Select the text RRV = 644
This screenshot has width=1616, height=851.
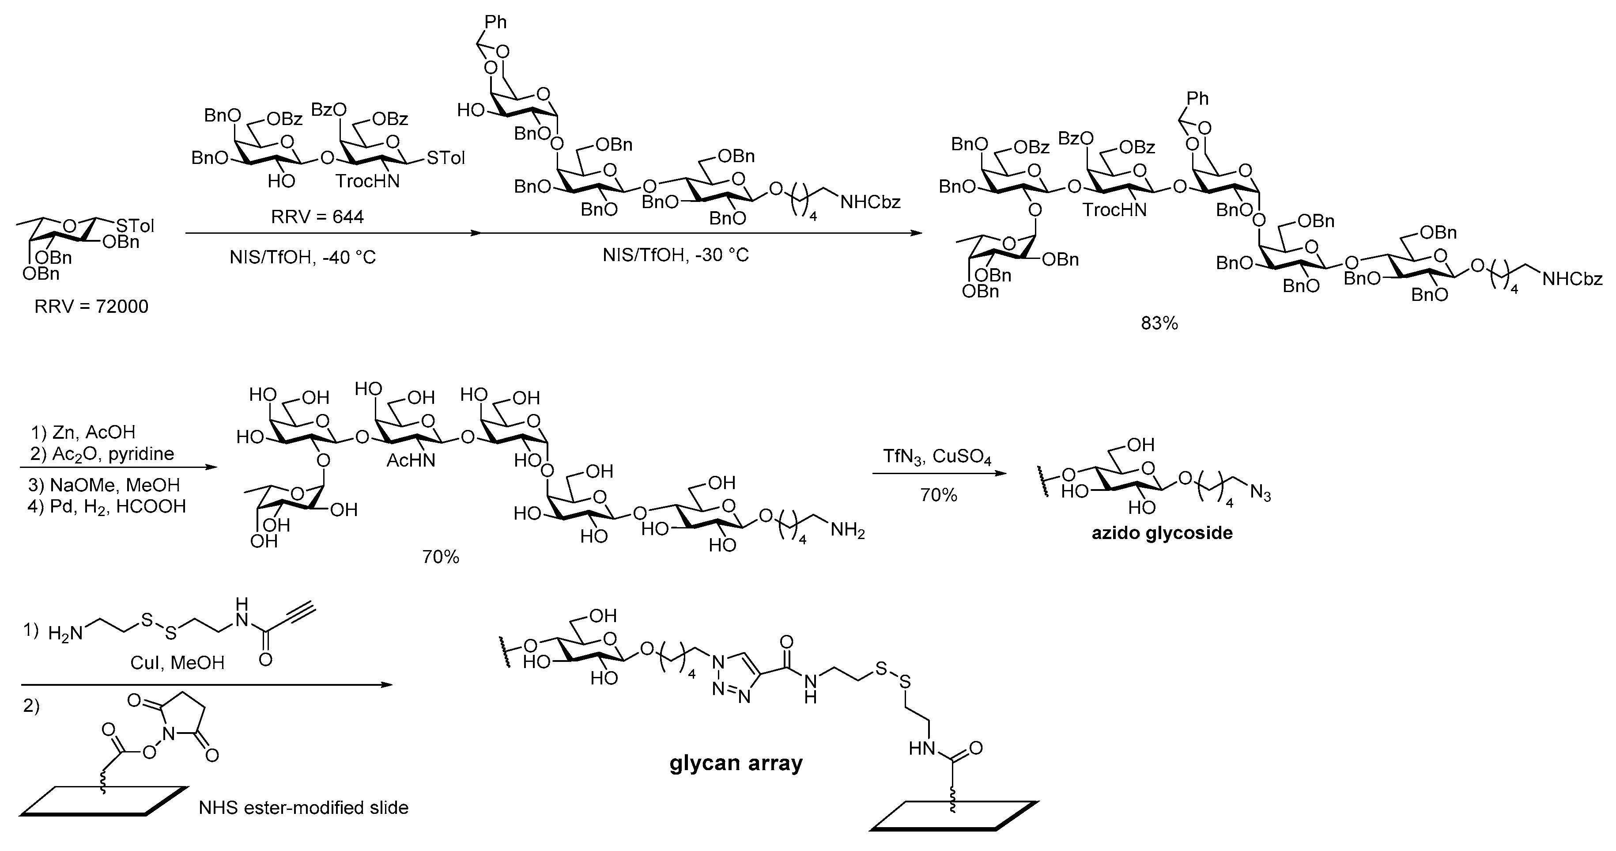pos(317,217)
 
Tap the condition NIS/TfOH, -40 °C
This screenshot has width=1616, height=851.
pos(302,257)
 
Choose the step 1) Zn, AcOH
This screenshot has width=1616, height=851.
pos(83,433)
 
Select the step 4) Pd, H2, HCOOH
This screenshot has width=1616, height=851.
pos(108,506)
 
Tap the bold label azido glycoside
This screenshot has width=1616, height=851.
pos(1162,533)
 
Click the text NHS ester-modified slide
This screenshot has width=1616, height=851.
pos(304,807)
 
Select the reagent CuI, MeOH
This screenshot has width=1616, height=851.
pos(177,663)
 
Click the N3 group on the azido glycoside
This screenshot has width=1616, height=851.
pos(1260,494)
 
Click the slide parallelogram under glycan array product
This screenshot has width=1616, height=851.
pos(954,815)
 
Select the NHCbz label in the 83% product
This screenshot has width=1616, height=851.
pos(1572,279)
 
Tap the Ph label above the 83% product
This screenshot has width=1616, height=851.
pos(1197,99)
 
